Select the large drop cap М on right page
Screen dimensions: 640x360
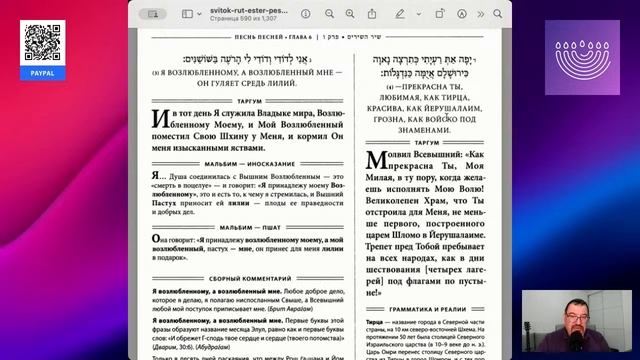click(x=376, y=164)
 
